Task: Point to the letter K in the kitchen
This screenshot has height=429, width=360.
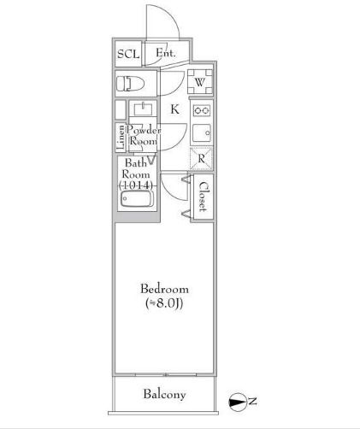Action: pyautogui.click(x=174, y=109)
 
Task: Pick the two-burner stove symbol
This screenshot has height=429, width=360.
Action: pyautogui.click(x=201, y=111)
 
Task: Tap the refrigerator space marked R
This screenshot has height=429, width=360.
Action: pyautogui.click(x=201, y=157)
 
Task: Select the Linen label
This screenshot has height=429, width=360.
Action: pyautogui.click(x=121, y=137)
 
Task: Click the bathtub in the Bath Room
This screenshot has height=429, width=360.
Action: pyautogui.click(x=137, y=202)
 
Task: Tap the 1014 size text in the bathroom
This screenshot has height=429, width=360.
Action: pyautogui.click(x=137, y=185)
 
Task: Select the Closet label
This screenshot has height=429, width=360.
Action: pyautogui.click(x=203, y=196)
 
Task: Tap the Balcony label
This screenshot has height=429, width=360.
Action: pyautogui.click(x=164, y=395)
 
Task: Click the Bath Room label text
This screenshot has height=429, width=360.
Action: pyautogui.click(x=137, y=167)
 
